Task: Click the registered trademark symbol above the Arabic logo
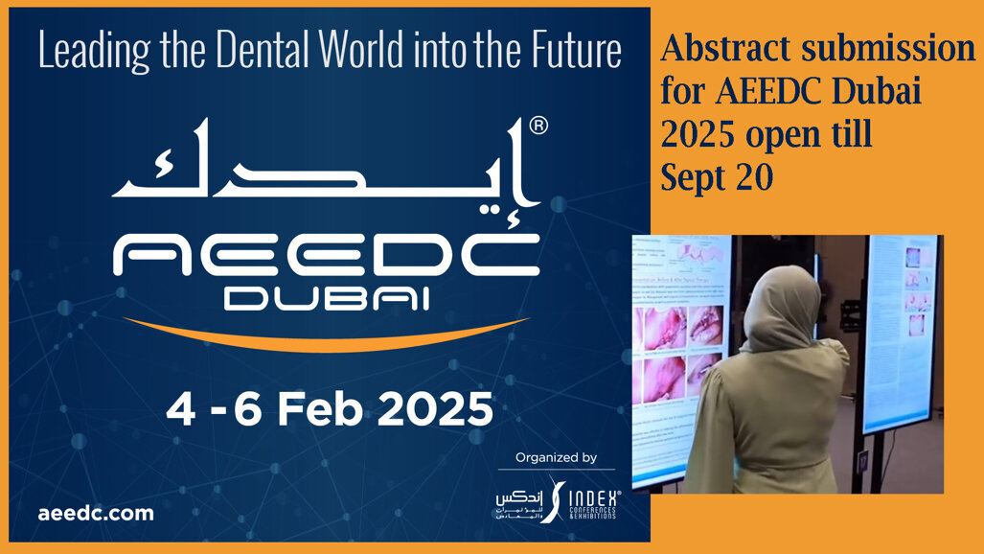[538, 127]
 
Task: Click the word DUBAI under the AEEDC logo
[326, 299]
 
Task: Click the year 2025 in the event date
[435, 409]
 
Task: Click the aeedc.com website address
[96, 513]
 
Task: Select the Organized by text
[556, 458]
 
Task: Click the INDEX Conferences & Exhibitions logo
[561, 500]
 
